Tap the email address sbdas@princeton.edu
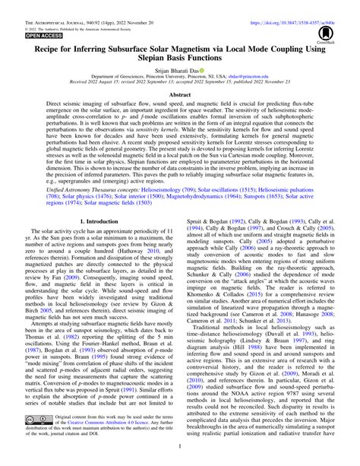pos(248,77)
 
